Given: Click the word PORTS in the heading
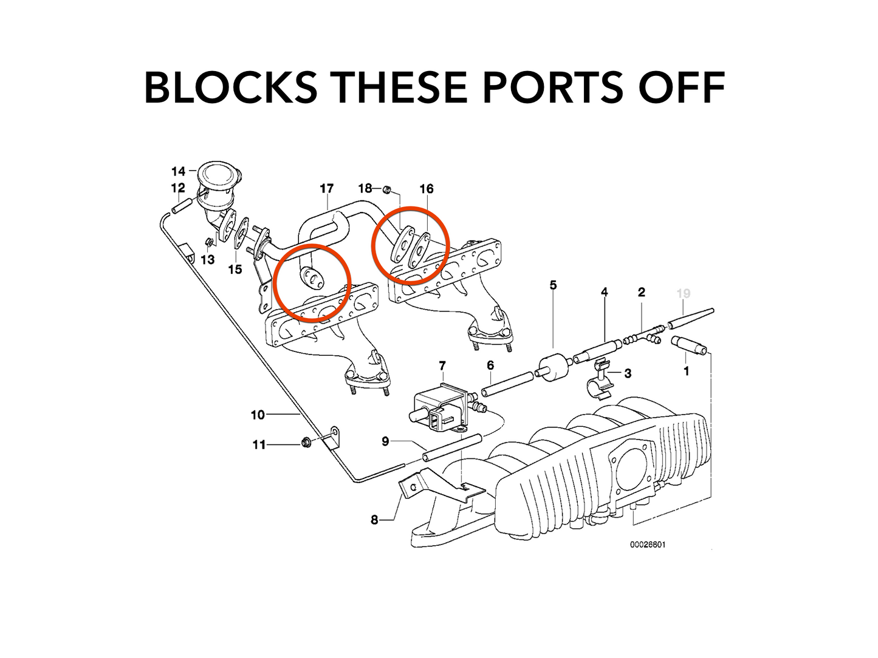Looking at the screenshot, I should [553, 87].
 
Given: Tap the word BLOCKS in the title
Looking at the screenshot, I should [231, 87].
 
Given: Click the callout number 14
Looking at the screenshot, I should [178, 171].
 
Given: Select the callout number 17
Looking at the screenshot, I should [327, 188].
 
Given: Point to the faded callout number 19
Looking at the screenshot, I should [684, 294].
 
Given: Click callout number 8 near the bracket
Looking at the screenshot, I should [374, 520].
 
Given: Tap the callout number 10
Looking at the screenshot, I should [258, 415].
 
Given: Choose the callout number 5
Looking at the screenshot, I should [553, 285].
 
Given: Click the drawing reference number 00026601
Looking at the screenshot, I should [648, 544].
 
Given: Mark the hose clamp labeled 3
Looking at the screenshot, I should [599, 382].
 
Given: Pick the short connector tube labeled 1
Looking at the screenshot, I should [690, 346].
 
